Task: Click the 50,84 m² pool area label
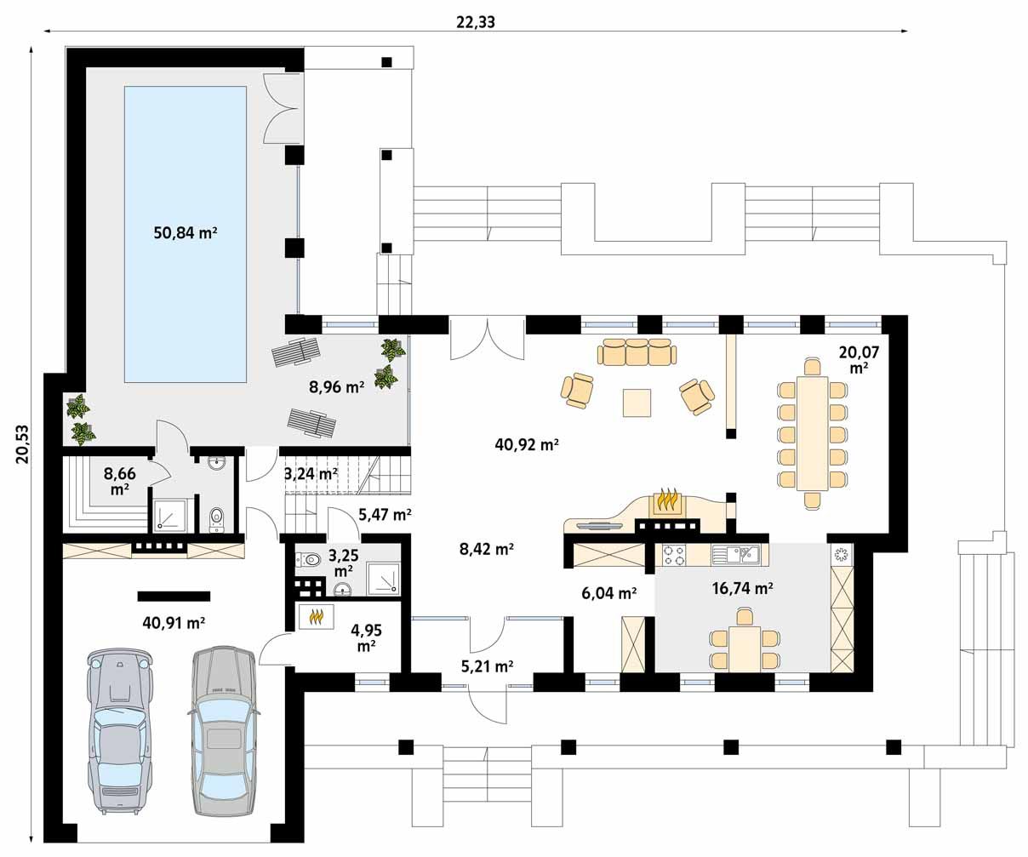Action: point(186,232)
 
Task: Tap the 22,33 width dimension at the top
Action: point(475,22)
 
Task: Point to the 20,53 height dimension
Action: point(23,444)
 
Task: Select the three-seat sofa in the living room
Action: point(637,351)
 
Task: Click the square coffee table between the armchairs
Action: point(637,403)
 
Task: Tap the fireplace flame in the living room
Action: point(668,500)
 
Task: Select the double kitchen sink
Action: point(740,555)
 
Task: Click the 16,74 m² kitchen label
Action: point(742,588)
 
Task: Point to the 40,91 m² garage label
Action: point(174,623)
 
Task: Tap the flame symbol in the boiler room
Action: point(316,617)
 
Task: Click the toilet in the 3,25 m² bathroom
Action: point(309,559)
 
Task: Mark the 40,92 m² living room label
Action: point(526,445)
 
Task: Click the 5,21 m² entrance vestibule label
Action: point(488,666)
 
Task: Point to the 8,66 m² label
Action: point(120,481)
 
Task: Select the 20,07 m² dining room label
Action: point(859,359)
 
